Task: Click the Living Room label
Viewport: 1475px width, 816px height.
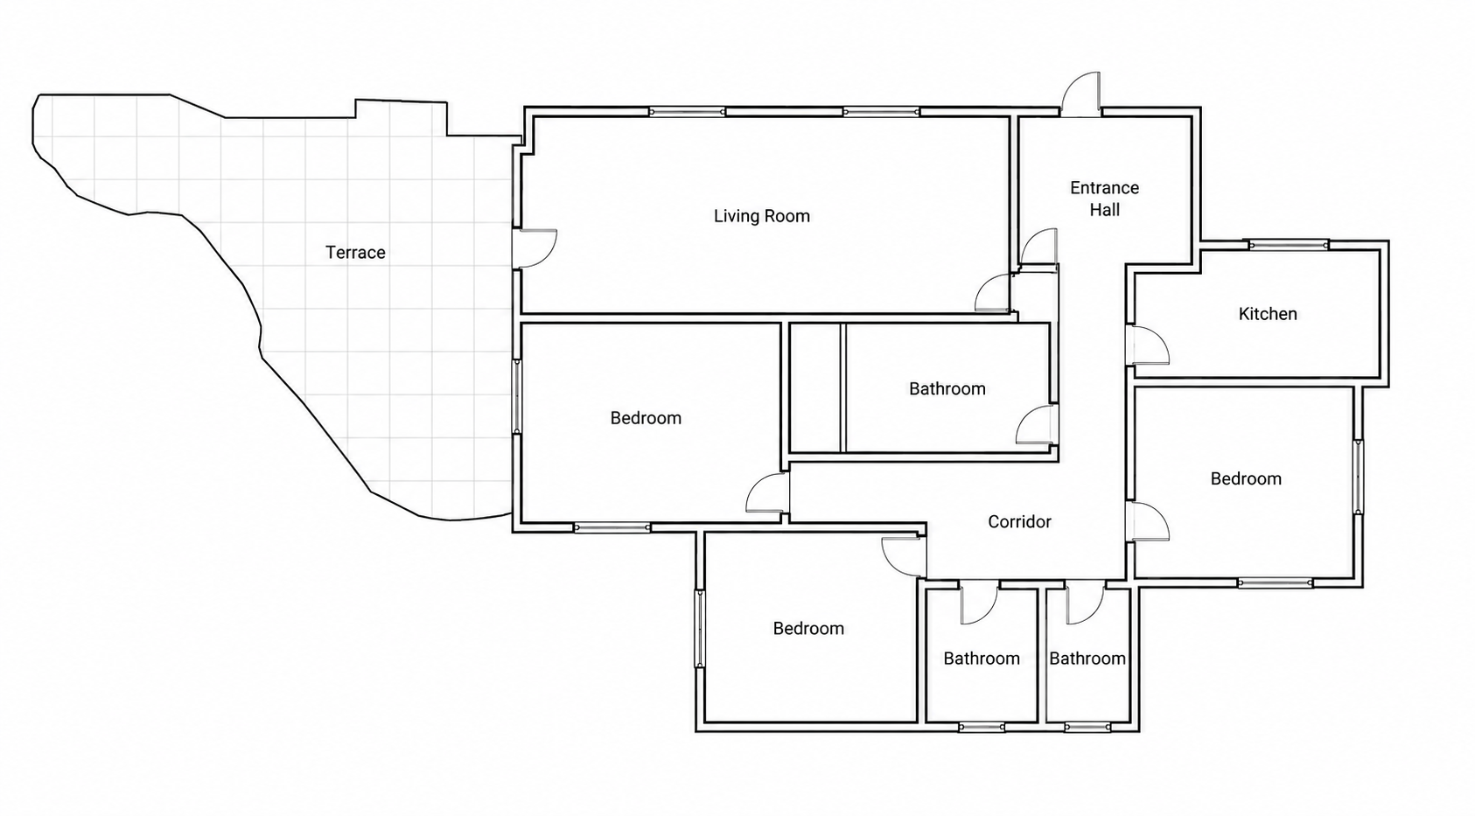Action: [x=762, y=216]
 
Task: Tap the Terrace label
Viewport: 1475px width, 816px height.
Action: [x=355, y=252]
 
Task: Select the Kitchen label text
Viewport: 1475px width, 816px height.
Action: [x=1268, y=314]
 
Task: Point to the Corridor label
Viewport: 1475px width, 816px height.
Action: [x=1019, y=522]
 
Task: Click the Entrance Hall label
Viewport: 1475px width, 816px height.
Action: [x=1104, y=199]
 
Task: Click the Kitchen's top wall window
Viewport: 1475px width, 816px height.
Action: [x=1289, y=246]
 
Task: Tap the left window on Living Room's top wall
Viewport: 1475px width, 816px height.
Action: [x=687, y=112]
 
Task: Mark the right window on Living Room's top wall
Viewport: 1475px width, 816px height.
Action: [x=881, y=112]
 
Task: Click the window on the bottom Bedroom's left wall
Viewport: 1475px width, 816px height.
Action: [x=700, y=629]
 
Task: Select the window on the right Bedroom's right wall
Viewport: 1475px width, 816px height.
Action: [x=1358, y=477]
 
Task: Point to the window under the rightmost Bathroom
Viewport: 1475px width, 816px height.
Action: [x=1087, y=727]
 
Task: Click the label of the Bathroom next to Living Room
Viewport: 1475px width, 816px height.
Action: [x=947, y=389]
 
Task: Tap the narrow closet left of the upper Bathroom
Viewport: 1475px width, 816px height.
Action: [x=815, y=387]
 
